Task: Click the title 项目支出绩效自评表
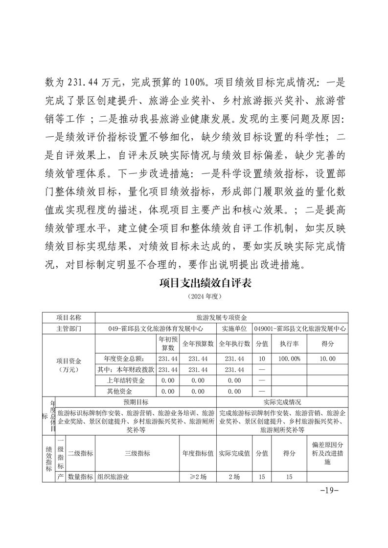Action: pos(205,283)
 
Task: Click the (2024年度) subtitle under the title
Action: pos(205,296)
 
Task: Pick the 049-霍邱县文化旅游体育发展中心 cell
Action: pos(156,329)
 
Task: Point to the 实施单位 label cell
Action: pos(234,329)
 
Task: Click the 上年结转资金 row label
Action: pos(125,380)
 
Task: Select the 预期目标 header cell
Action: pos(136,402)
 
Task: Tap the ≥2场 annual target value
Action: pos(198,477)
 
